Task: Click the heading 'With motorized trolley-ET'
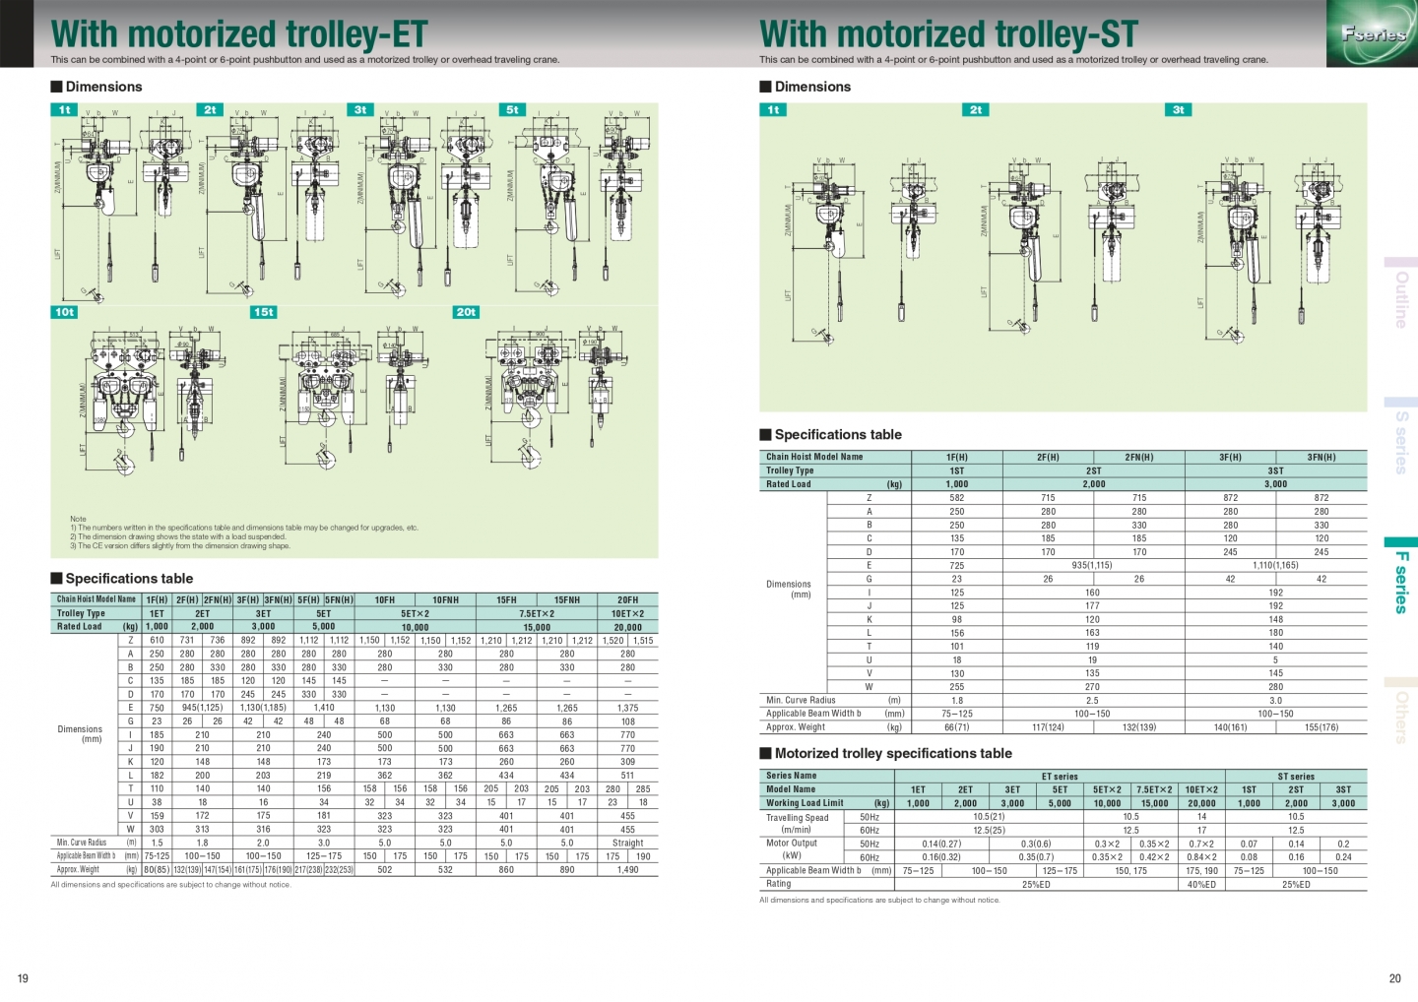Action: (239, 34)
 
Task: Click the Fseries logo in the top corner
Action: (1373, 34)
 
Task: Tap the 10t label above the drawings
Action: (64, 312)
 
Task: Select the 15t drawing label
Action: (264, 312)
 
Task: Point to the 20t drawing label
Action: (466, 312)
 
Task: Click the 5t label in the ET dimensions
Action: (512, 110)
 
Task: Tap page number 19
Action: (23, 978)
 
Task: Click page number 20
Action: (1394, 978)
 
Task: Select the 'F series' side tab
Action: (1401, 582)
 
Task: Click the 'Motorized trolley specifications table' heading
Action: (893, 754)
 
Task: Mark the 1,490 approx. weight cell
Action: (627, 870)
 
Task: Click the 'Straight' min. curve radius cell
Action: (627, 843)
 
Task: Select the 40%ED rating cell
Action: (1201, 884)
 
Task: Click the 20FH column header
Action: (627, 599)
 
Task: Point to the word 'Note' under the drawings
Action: (78, 519)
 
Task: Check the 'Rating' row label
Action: (779, 884)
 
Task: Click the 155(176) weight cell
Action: (1321, 727)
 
